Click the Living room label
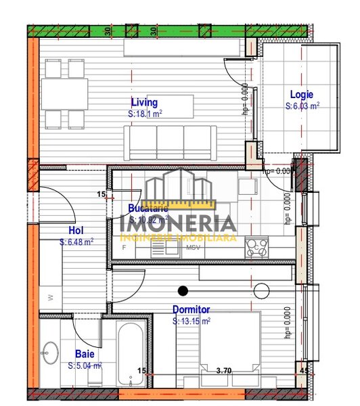[x=144, y=103]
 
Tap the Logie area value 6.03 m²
[x=302, y=106]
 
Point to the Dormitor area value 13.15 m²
[x=192, y=321]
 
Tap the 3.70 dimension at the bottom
[x=223, y=370]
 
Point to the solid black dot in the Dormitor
[x=182, y=292]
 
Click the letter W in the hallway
[x=51, y=297]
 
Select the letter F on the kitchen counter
[x=125, y=248]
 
